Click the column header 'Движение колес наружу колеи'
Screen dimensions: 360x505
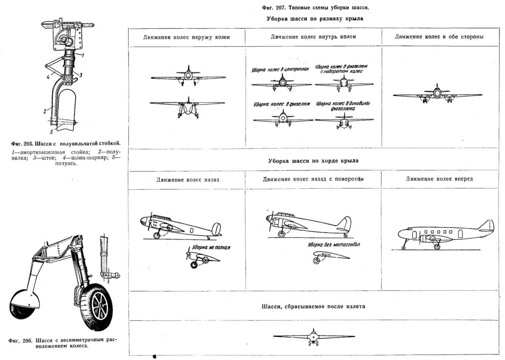[186, 37]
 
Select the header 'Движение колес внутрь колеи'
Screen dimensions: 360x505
[313, 37]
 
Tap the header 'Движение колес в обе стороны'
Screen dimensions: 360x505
[439, 37]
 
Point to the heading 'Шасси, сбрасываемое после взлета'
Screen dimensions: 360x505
[313, 306]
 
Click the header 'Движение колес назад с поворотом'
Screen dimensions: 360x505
[313, 179]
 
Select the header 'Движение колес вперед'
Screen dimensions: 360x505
[439, 179]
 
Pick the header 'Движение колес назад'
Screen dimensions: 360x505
[188, 180]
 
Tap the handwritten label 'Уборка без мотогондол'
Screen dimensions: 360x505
[331, 245]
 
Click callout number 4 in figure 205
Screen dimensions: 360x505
[48, 77]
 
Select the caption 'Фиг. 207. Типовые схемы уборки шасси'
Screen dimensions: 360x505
[312, 8]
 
